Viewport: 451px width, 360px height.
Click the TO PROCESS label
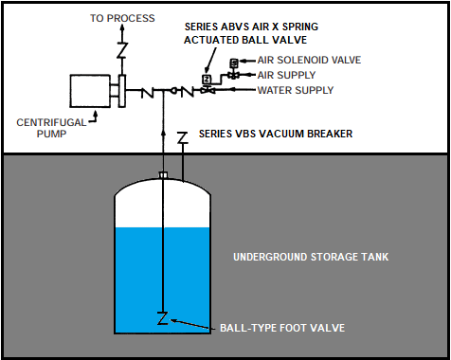(122, 18)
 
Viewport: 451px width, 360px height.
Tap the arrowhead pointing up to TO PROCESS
(122, 27)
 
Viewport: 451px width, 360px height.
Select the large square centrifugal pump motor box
(90, 91)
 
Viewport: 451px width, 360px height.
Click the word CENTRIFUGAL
(51, 122)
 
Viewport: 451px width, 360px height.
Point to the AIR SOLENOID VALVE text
(309, 60)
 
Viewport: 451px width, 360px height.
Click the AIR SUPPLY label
(286, 75)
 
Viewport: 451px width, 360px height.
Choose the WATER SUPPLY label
(296, 90)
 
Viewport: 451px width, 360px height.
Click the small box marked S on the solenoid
(234, 63)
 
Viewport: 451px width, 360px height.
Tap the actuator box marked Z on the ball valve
(207, 79)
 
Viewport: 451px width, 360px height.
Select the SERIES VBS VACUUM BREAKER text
(276, 134)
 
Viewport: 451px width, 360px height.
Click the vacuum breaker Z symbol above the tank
(182, 138)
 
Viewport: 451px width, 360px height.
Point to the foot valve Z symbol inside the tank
(163, 318)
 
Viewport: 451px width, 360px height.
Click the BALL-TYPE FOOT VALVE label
(282, 328)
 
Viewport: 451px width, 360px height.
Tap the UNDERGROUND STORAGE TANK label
(311, 257)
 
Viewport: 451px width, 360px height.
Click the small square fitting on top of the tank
(163, 175)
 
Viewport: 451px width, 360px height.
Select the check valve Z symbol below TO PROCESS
(122, 50)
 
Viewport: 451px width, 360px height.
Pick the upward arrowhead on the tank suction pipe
(163, 133)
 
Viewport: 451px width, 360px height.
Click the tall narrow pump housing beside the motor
(122, 91)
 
